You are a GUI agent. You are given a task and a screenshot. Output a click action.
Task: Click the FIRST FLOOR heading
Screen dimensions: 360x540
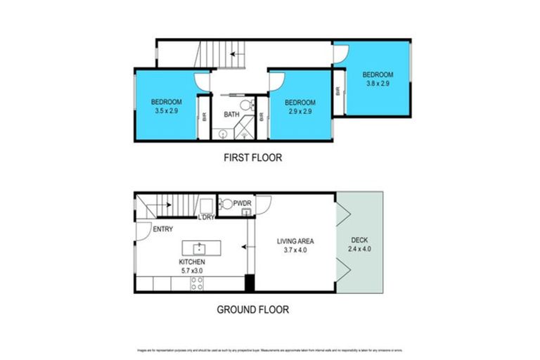252,158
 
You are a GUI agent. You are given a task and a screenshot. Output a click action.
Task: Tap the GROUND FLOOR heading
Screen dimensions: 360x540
252,309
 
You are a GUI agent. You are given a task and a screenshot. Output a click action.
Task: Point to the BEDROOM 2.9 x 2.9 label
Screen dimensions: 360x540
300,106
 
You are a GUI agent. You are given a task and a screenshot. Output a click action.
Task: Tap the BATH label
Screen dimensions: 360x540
231,115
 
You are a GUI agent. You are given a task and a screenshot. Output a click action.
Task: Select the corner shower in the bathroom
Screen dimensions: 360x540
247,131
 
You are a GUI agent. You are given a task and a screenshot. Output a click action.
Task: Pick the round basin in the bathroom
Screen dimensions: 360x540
223,133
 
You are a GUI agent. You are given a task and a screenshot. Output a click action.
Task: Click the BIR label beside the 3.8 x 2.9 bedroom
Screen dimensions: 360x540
338,91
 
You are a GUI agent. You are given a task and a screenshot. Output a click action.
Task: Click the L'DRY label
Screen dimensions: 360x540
205,217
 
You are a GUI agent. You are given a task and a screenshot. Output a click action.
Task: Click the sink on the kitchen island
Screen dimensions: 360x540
200,247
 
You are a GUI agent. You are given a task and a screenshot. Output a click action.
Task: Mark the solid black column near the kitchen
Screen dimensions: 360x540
249,284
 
